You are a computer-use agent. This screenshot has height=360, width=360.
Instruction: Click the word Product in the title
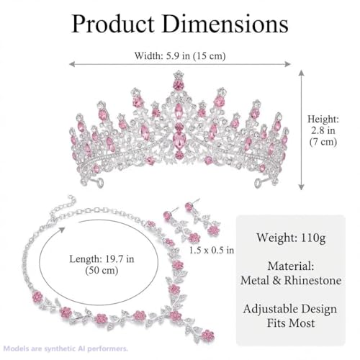(113, 24)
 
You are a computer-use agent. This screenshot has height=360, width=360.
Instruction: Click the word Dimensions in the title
(225, 24)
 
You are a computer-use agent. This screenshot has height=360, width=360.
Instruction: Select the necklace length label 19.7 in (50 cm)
(102, 265)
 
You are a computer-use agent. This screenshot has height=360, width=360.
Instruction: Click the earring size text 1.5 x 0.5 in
(212, 250)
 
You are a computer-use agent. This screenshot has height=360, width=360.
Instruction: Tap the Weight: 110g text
(291, 238)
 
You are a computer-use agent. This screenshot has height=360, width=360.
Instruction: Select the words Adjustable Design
(290, 309)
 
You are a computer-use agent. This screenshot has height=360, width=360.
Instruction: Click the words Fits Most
(291, 323)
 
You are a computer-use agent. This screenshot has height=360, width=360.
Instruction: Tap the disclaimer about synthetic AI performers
(66, 348)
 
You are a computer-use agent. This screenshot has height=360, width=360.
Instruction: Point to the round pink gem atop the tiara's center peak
(179, 85)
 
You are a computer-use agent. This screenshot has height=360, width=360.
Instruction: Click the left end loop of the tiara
(99, 183)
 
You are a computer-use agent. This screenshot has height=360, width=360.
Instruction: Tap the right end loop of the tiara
(258, 184)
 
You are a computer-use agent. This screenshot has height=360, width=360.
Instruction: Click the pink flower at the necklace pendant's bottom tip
(207, 336)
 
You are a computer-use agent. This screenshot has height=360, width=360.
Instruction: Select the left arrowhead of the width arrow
(72, 64)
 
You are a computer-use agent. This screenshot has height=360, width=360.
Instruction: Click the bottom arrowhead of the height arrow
(301, 186)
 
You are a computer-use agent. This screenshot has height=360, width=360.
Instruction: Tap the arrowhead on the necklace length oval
(62, 230)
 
